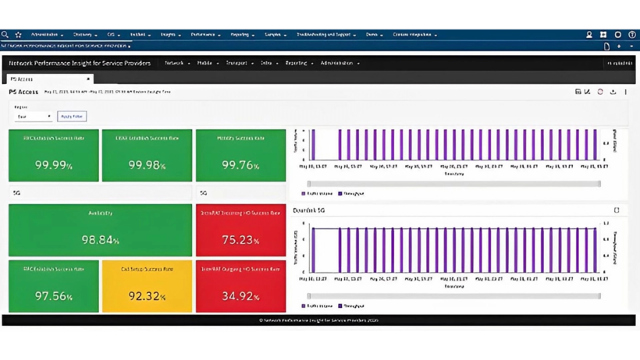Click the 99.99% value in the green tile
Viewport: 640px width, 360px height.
coord(54,165)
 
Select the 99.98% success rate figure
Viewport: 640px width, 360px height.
coord(147,165)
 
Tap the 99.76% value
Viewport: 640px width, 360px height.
coord(240,165)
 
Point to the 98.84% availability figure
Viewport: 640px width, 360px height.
coord(100,240)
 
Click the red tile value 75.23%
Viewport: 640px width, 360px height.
coord(240,240)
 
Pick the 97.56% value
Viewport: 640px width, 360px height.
coord(54,296)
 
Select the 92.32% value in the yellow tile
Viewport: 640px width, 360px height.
coord(147,296)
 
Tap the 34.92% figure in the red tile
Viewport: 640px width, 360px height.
coord(240,296)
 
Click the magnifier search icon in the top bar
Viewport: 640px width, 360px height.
coord(5,35)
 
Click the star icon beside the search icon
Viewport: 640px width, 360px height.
coord(18,35)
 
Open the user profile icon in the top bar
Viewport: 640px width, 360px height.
coord(589,35)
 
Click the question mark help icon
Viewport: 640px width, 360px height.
coord(632,35)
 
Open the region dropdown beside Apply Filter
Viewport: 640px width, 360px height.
coord(34,116)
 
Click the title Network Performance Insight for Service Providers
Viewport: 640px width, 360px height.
coord(80,63)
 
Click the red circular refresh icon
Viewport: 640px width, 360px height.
coord(600,92)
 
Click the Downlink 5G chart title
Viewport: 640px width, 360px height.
coord(309,210)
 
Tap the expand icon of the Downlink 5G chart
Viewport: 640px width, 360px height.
coord(616,210)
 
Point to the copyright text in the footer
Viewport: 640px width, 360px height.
coord(318,320)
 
